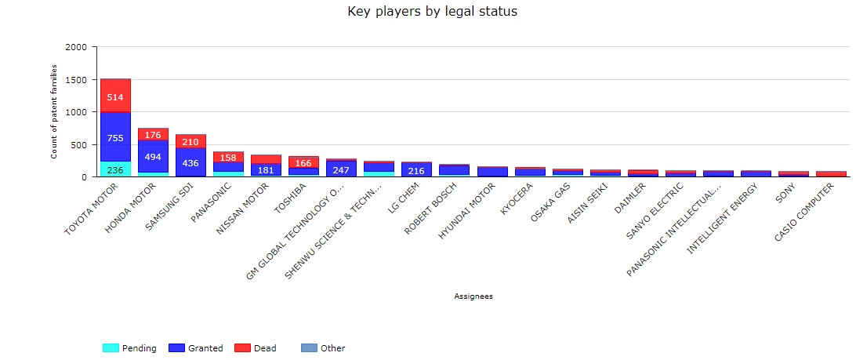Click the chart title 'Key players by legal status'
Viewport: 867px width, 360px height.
coord(433,12)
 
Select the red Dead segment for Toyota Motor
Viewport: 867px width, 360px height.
coord(115,96)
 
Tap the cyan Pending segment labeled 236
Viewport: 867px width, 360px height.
coord(115,170)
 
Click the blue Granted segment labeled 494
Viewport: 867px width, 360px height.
coord(153,156)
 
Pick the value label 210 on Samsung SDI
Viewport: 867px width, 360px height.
coord(190,142)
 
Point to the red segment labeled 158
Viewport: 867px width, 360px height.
coord(228,158)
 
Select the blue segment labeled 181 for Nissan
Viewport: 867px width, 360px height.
coord(266,170)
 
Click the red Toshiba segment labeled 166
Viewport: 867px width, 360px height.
coord(303,162)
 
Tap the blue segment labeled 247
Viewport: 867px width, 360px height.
coord(341,169)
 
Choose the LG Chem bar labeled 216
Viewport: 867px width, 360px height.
coord(416,170)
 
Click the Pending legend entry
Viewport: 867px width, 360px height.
coord(129,348)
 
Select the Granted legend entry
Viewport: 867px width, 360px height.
coord(196,348)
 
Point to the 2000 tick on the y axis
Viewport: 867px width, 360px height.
coord(77,47)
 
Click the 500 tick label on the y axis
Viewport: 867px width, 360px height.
coord(79,145)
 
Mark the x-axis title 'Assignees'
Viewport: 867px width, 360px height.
coord(473,296)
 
